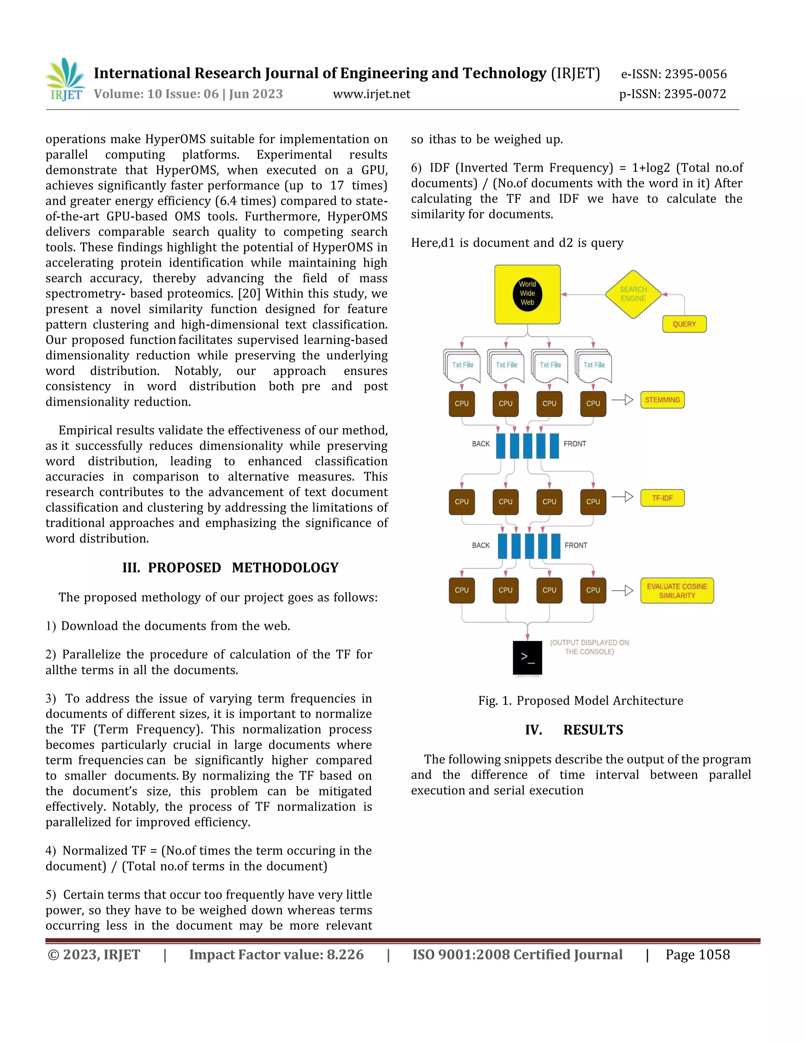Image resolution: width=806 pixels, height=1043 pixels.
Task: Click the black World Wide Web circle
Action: coord(527,293)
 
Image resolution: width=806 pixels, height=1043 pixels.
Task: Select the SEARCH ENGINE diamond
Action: coord(633,294)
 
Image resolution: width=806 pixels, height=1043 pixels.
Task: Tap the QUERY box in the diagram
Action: coord(684,324)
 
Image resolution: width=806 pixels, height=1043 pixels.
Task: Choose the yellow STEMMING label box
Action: coord(662,400)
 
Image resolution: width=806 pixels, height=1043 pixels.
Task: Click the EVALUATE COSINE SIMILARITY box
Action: coord(677,591)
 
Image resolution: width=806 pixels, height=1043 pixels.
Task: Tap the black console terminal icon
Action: coord(527,658)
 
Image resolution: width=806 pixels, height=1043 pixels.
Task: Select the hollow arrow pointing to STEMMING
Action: coord(623,400)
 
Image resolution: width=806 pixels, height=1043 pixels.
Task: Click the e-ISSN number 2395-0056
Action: coord(696,74)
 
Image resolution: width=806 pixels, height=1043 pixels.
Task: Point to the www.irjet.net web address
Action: coord(372,94)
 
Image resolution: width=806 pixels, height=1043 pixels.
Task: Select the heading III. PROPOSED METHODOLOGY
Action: coord(230,568)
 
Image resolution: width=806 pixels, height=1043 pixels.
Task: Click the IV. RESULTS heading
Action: coord(574,730)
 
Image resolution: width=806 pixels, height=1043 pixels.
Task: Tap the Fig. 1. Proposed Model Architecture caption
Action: coord(580,701)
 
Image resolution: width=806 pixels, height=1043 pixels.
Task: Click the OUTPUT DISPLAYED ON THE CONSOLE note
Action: coord(589,647)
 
